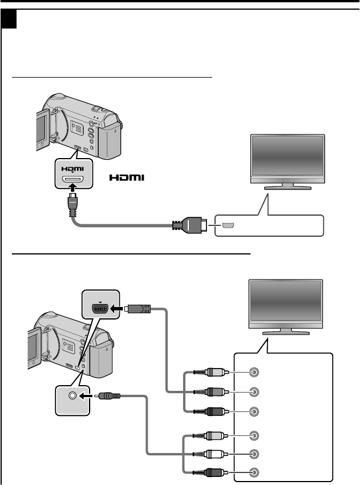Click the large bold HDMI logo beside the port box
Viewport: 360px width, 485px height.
[x=128, y=178]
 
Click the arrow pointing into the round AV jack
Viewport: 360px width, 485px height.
[x=88, y=394]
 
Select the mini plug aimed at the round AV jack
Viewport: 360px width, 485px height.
[x=108, y=394]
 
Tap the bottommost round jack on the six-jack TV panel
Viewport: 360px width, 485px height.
[x=254, y=472]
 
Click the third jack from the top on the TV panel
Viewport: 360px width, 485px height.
[x=254, y=411]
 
